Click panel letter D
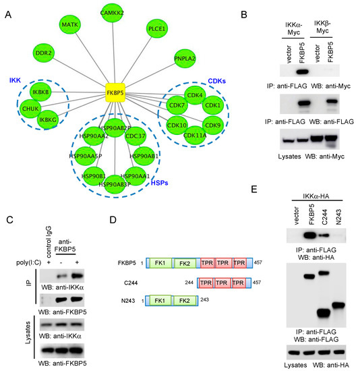click(121, 220)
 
